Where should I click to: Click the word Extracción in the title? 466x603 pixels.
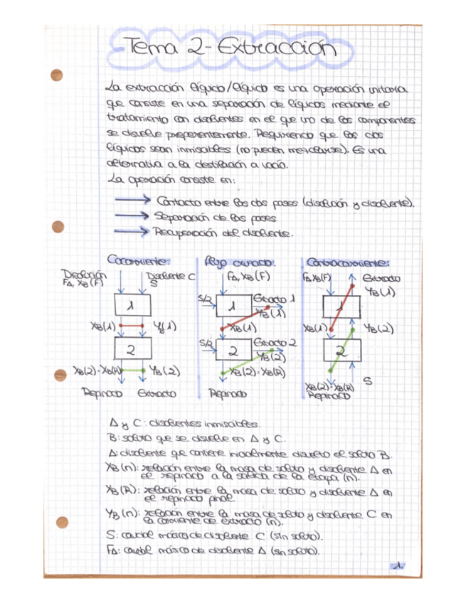point(273,50)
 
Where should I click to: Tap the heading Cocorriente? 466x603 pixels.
point(139,260)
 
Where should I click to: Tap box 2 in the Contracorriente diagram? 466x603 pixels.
point(341,351)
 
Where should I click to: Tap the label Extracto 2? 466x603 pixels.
point(272,343)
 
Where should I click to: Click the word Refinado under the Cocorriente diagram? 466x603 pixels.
point(103,393)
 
